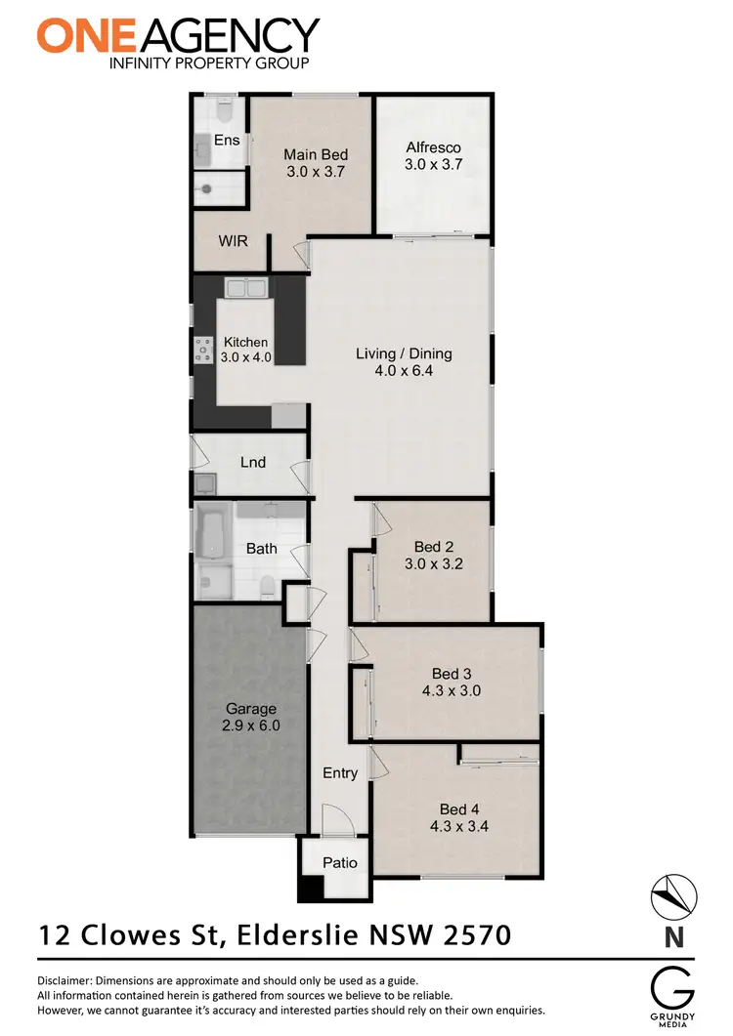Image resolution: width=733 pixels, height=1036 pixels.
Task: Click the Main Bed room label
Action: pos(316,154)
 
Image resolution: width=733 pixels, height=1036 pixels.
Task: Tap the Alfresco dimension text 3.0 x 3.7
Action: pos(433,166)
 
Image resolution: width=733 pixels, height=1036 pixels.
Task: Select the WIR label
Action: pos(233,239)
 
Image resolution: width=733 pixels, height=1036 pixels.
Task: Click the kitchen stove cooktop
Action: pos(205,349)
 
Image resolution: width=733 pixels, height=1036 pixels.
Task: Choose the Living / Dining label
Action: pos(404,353)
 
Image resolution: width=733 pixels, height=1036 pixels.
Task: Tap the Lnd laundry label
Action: pos(253,462)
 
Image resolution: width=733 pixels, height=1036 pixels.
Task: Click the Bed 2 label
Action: pos(428,547)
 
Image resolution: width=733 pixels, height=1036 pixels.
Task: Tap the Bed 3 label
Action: pos(452,673)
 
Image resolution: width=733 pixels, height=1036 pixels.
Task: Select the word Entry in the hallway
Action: pos(340,773)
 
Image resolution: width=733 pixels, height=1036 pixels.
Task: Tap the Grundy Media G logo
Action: pos(673,985)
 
